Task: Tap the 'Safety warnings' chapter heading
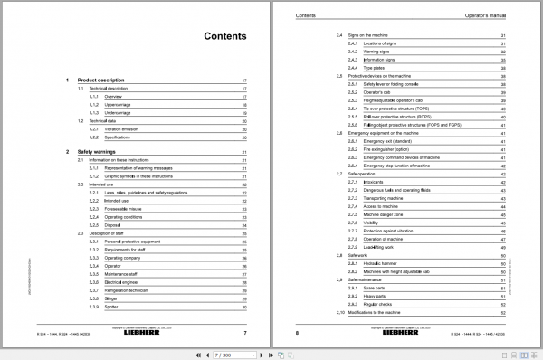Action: click(102, 153)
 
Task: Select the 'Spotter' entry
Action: click(112, 308)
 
